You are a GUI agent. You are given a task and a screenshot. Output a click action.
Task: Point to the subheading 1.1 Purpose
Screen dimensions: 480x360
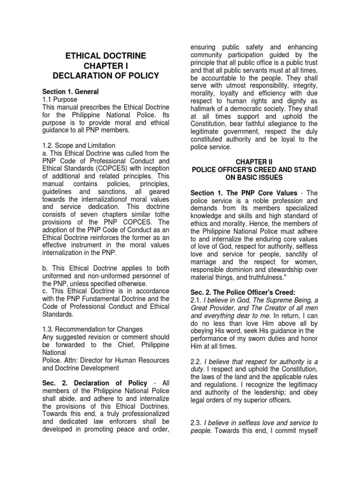[60, 100]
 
